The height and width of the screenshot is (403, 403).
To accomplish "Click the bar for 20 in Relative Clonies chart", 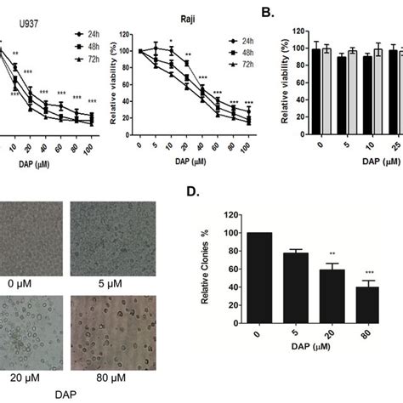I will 334,307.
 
